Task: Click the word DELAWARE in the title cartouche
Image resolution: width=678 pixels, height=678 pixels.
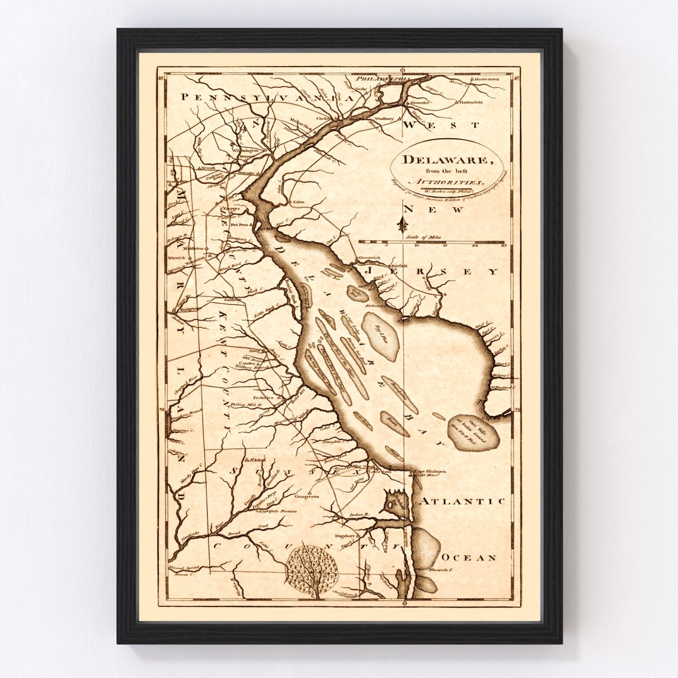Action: (447, 159)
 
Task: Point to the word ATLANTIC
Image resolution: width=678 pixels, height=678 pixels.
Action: (462, 501)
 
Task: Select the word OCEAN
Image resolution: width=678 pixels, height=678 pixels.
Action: (469, 557)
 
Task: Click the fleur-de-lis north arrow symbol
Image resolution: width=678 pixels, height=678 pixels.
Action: (402, 224)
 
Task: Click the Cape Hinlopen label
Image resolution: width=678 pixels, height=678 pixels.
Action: (428, 471)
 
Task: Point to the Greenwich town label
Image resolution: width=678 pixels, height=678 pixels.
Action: (370, 257)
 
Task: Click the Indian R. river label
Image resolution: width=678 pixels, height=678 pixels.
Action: (360, 515)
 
